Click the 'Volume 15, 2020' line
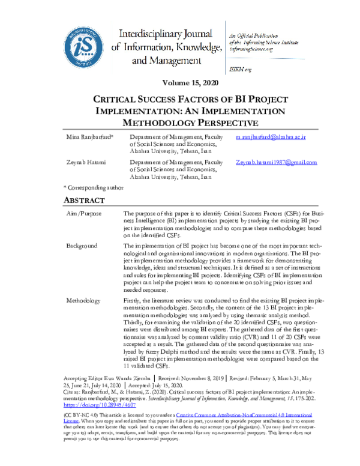tap(180, 82)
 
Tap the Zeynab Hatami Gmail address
tap(277, 163)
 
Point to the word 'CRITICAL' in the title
tap(121, 99)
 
